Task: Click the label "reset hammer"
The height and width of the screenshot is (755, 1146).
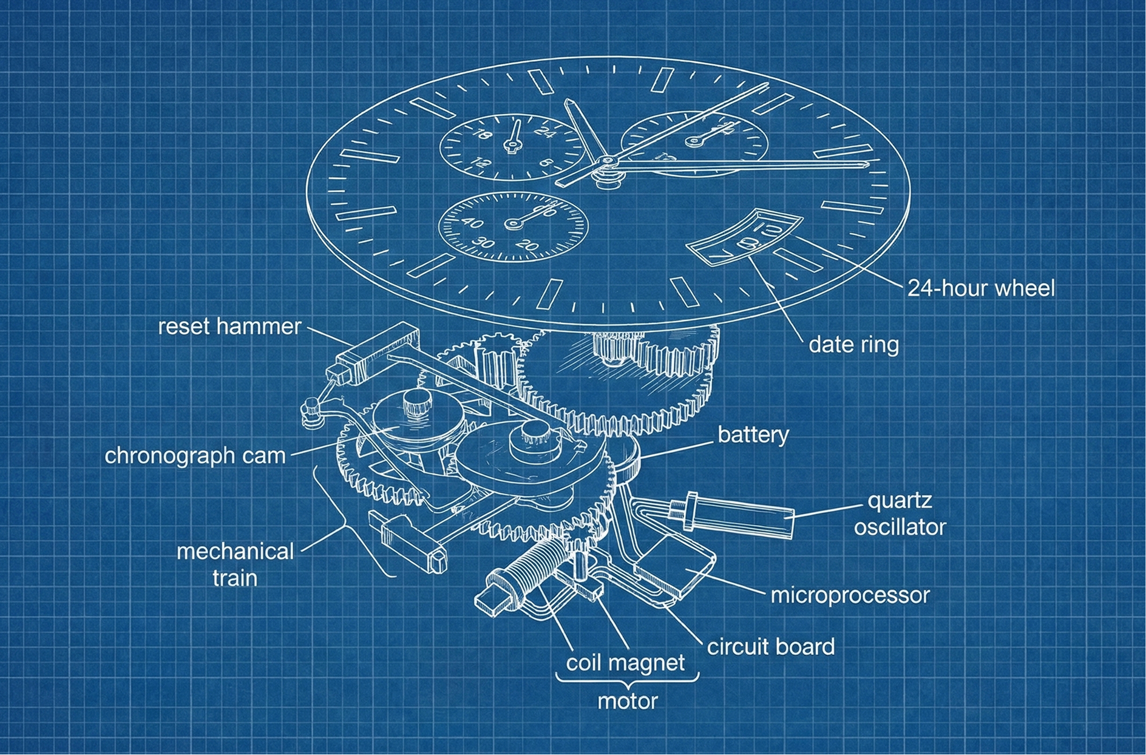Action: pos(229,327)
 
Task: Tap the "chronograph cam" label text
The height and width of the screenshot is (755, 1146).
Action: pos(194,455)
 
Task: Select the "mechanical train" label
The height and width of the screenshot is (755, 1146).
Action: pos(235,564)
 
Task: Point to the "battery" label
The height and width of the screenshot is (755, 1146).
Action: pos(753,435)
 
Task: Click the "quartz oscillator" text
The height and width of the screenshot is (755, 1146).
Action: pos(900,514)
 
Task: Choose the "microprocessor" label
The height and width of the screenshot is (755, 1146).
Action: pos(850,595)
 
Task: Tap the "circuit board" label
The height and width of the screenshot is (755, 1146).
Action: pos(770,647)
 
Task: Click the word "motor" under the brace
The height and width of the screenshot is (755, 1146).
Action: pos(627,702)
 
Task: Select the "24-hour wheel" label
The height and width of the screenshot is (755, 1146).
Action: pos(980,288)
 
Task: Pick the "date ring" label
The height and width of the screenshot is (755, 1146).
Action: pos(853,345)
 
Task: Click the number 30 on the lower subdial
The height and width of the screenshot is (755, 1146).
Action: pos(483,243)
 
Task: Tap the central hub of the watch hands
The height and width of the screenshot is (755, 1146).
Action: pos(606,161)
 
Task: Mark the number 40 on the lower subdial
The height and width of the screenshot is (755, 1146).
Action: pos(472,223)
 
